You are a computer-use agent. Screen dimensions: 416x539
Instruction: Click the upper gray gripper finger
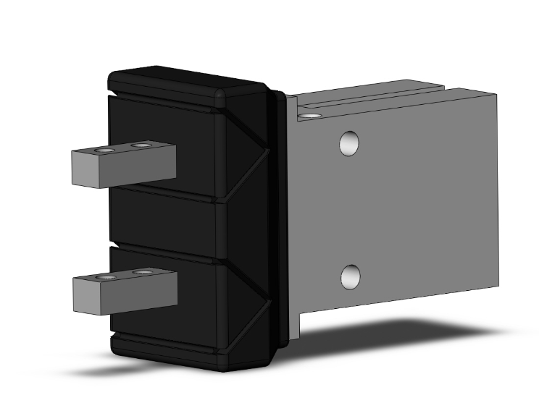tap(138, 166)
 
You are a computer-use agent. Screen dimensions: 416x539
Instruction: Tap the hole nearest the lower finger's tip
tap(108, 276)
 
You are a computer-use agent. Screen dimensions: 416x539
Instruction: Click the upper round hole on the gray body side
tap(349, 143)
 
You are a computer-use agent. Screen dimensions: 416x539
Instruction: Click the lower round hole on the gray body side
tap(351, 276)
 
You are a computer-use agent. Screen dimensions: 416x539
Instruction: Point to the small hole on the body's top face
tap(312, 115)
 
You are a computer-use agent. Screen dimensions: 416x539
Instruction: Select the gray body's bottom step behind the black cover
tap(293, 329)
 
